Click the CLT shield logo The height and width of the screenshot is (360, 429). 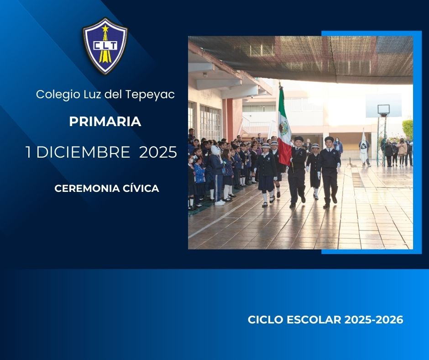tap(105, 46)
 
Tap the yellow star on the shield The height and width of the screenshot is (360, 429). tap(105, 28)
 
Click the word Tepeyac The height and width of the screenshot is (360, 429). tap(150, 95)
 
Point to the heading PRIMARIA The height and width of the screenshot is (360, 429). tap(105, 122)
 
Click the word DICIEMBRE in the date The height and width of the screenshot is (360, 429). tap(83, 152)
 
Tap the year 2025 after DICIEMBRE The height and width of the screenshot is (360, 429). tap(158, 152)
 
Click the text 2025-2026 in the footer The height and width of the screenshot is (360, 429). tap(373, 320)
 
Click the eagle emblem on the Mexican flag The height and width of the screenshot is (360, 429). tap(283, 128)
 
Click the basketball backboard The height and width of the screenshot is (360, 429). tap(383, 110)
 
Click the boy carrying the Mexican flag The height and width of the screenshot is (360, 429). tap(298, 171)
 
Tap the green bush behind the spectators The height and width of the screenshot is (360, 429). tap(408, 128)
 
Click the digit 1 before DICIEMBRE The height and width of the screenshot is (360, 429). tap(28, 152)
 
